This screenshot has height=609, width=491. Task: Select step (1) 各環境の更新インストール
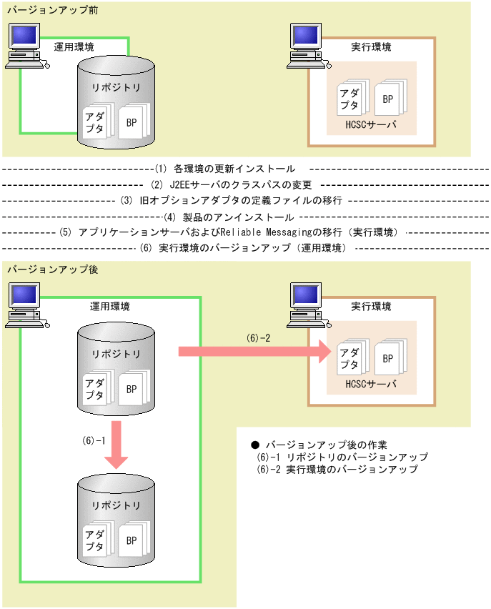tap(224, 169)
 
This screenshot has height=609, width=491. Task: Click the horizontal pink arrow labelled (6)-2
tap(254, 352)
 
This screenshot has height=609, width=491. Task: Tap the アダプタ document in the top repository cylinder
tap(93, 121)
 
